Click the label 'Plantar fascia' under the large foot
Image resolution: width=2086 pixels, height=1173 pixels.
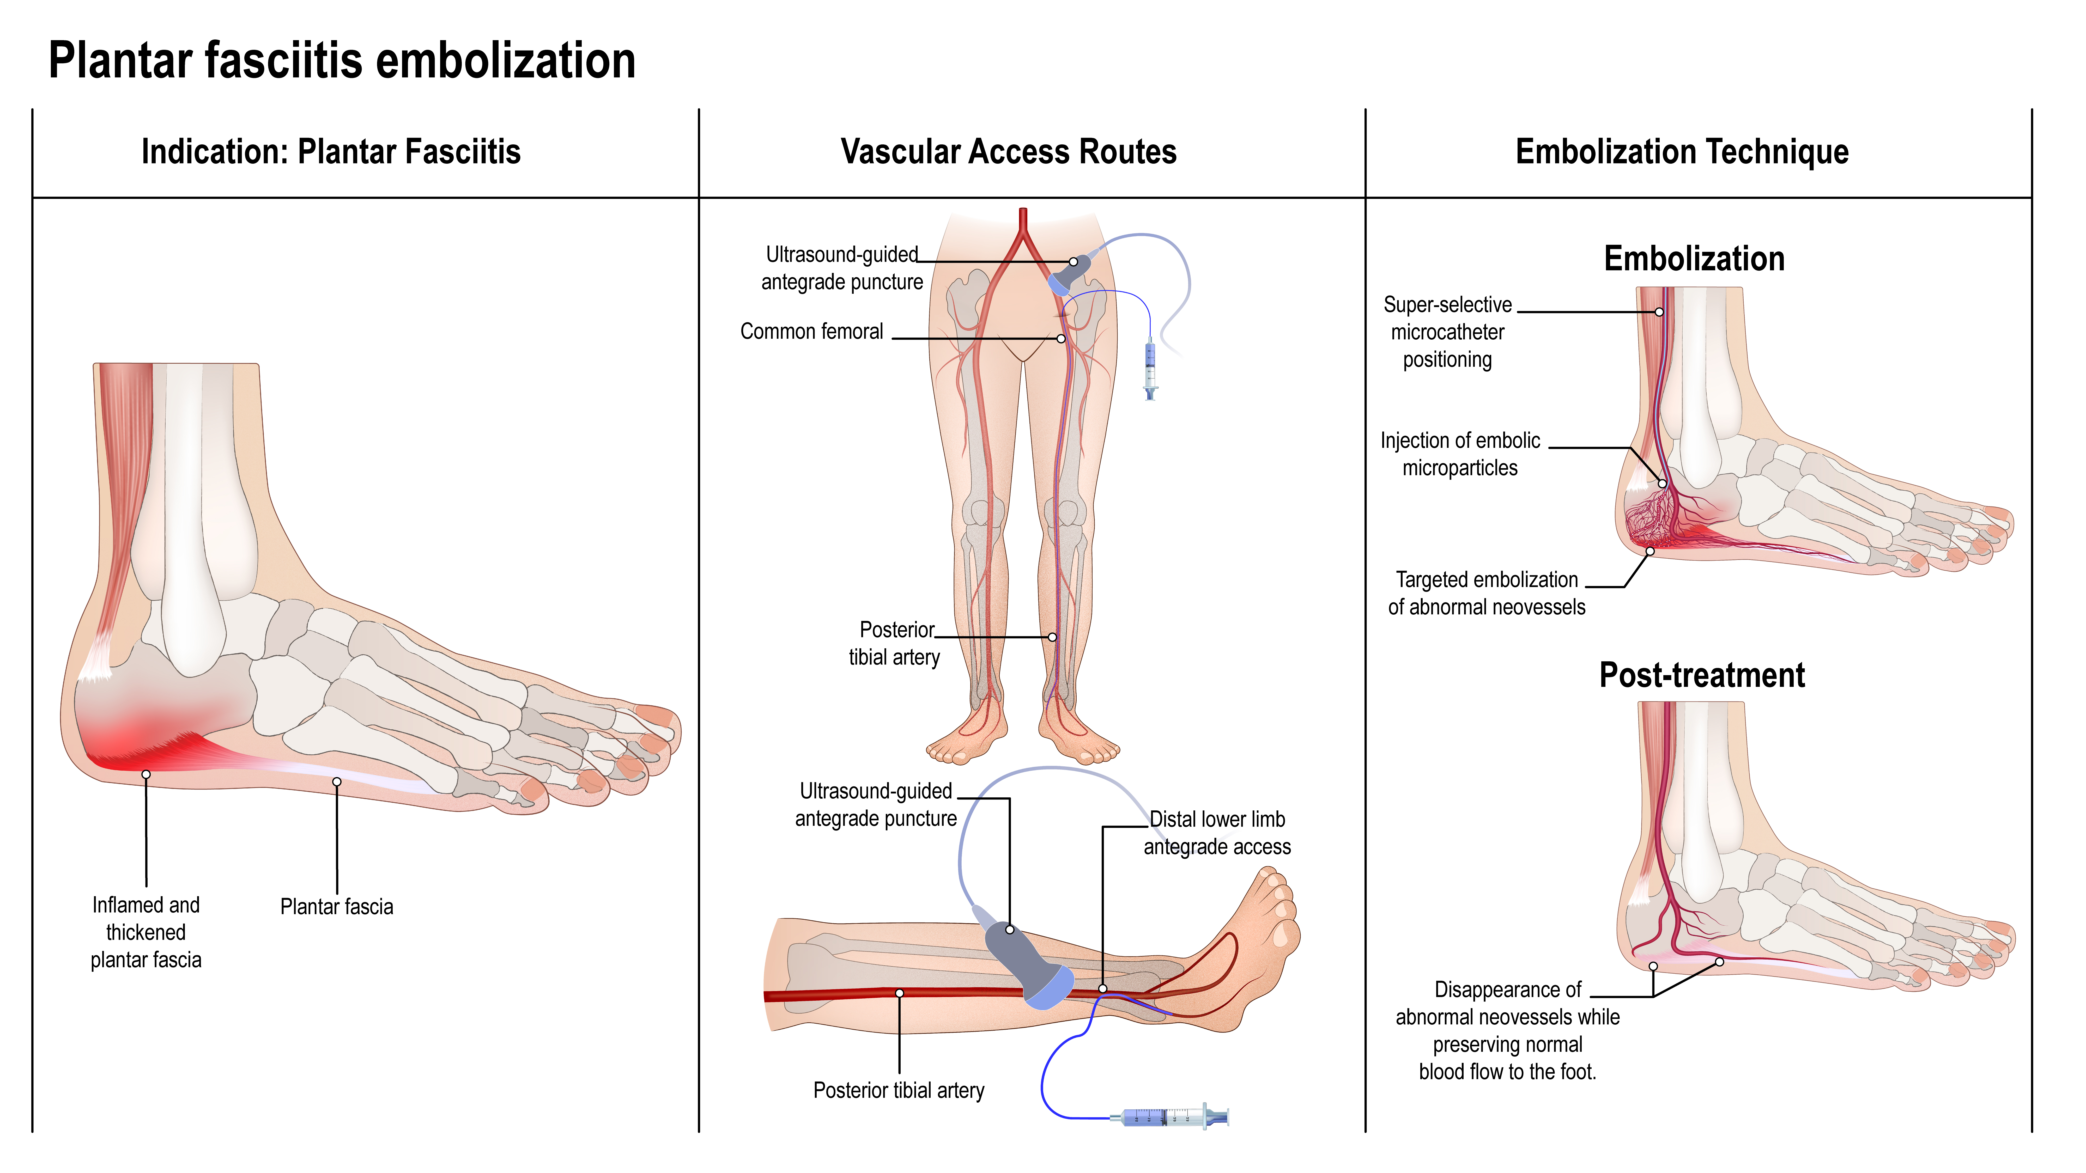point(336,907)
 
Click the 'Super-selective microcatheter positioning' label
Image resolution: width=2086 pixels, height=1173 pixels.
point(1447,332)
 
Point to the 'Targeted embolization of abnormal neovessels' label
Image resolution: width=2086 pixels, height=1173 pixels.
point(1486,593)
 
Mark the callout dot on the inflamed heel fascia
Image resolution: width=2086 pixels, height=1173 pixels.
point(146,775)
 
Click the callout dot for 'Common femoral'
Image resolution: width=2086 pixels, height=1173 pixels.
point(1061,338)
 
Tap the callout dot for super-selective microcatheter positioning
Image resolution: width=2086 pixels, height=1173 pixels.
point(1659,312)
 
